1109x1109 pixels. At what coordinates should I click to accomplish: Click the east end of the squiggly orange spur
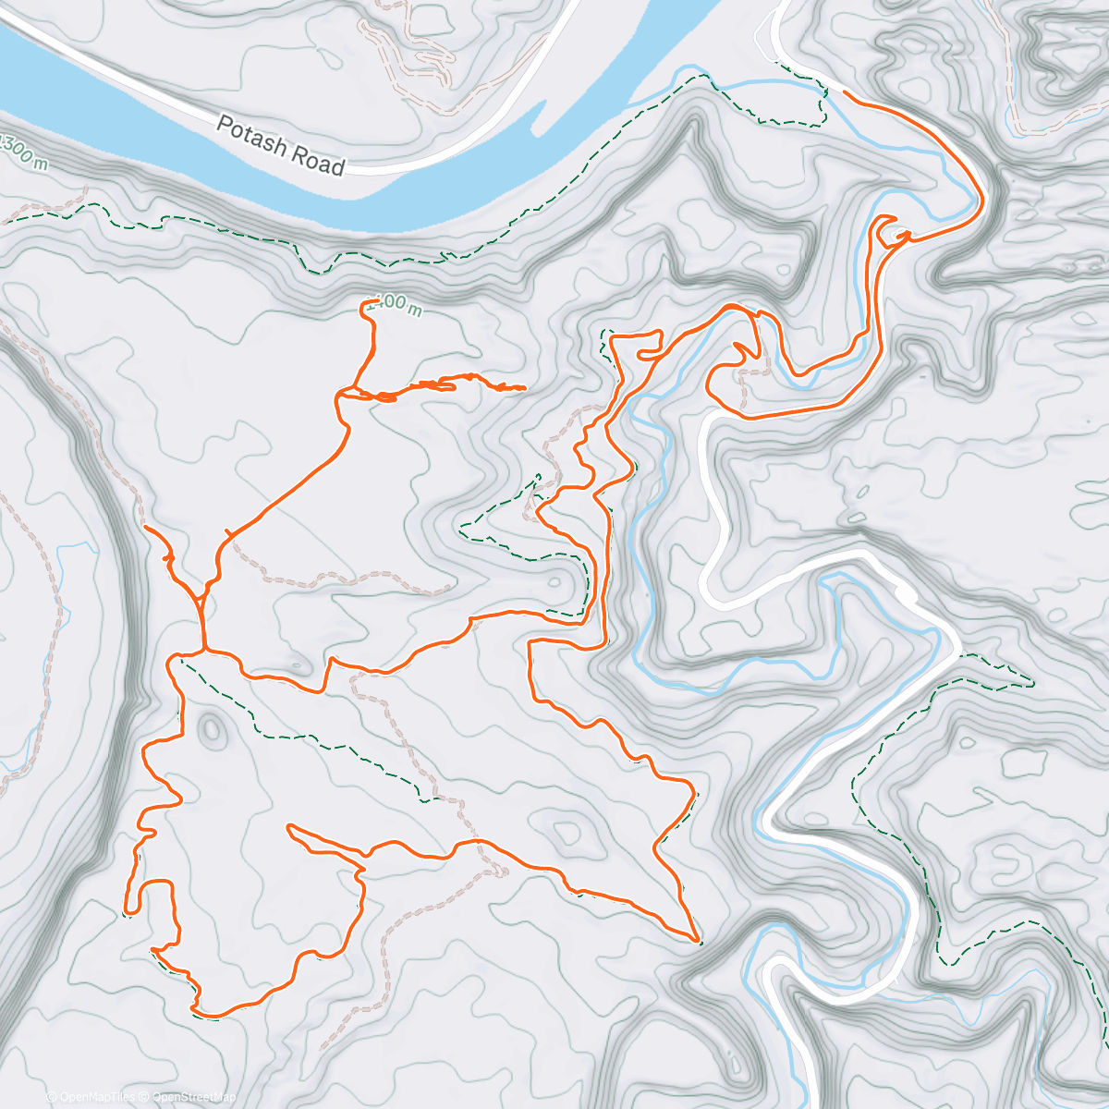[x=524, y=388]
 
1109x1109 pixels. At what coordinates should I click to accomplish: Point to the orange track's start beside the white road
[x=847, y=92]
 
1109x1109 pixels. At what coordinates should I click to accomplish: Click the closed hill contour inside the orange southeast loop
[x=566, y=833]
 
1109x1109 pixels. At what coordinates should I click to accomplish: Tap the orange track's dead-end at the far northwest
[x=147, y=527]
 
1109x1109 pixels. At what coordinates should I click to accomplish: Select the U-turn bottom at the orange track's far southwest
[x=130, y=911]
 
